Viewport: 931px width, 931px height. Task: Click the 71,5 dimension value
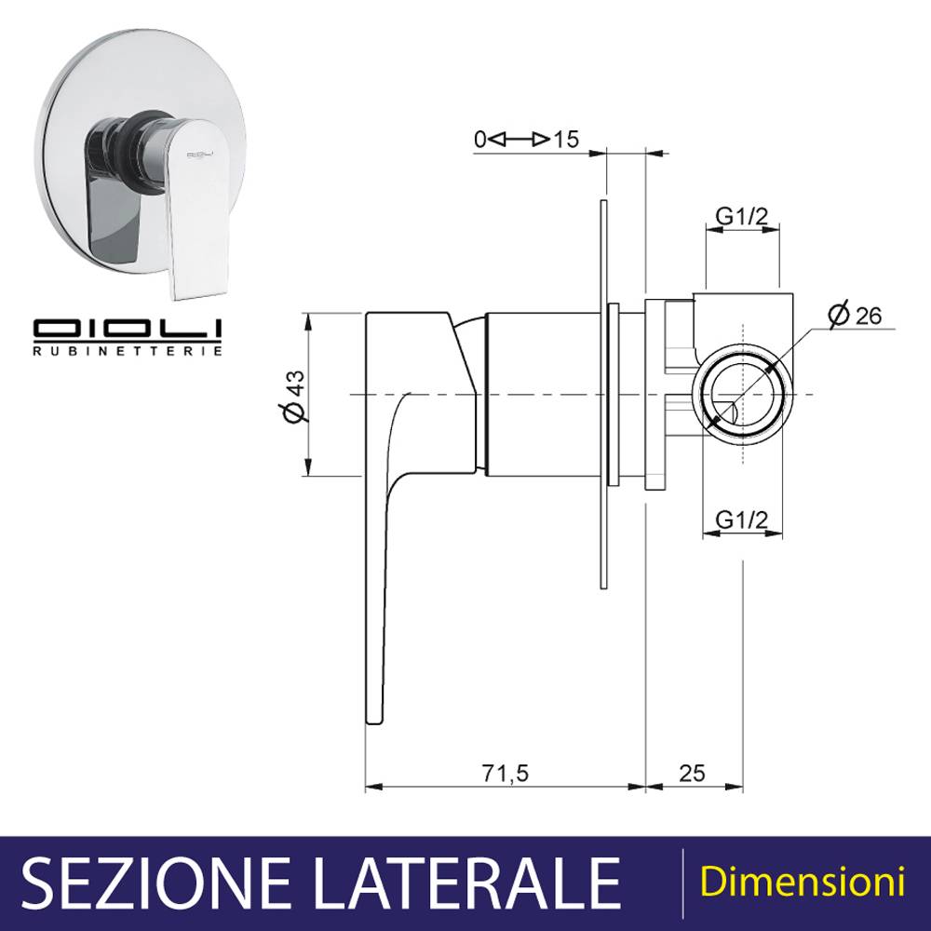pyautogui.click(x=505, y=774)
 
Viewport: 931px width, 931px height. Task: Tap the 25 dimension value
pyautogui.click(x=692, y=774)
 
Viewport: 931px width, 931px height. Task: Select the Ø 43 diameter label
pyautogui.click(x=295, y=397)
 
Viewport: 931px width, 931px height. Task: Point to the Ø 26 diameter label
pyautogui.click(x=855, y=314)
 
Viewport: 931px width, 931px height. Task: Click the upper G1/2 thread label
pyautogui.click(x=742, y=217)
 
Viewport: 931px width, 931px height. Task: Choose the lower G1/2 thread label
pyautogui.click(x=742, y=520)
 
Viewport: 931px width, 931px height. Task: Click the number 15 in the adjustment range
pyautogui.click(x=566, y=140)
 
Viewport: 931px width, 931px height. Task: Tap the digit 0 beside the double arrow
pyautogui.click(x=480, y=140)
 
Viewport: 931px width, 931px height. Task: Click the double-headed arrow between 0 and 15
pyautogui.click(x=520, y=140)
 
